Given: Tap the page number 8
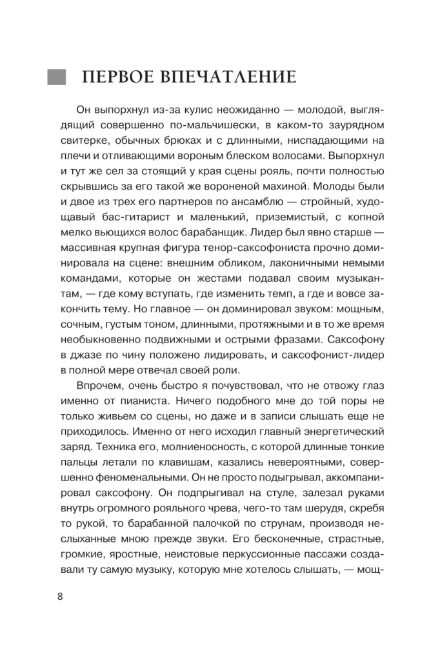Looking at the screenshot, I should point(60,595).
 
